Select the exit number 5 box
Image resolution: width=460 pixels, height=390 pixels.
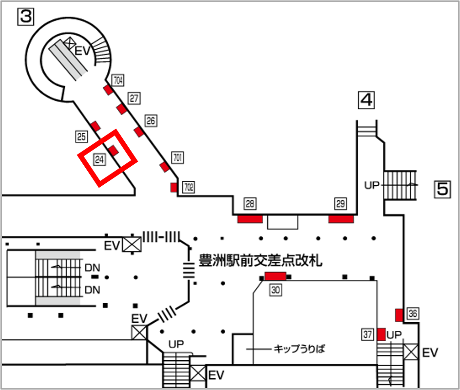tap(442, 188)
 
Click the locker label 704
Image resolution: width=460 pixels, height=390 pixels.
tap(118, 79)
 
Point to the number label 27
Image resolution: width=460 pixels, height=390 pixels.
tap(134, 98)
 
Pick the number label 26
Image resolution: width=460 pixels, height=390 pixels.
tap(151, 120)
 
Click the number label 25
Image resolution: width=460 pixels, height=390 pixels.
tap(81, 136)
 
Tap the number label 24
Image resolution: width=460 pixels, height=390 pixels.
tap(99, 158)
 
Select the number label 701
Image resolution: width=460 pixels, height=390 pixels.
tap(177, 157)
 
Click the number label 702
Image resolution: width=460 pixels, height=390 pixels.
tap(188, 186)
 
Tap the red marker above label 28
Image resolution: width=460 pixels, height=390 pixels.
tap(250, 219)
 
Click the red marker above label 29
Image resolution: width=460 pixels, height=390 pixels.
tap(341, 219)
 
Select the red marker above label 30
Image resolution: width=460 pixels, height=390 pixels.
tap(275, 276)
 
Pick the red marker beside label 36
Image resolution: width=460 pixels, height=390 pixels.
tap(399, 314)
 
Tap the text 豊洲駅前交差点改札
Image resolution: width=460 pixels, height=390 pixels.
tap(260, 260)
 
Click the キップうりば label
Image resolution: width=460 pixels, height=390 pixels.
tap(299, 349)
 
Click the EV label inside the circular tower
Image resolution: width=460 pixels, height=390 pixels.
tap(82, 50)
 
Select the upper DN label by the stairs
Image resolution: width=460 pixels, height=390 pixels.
tap(92, 268)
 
